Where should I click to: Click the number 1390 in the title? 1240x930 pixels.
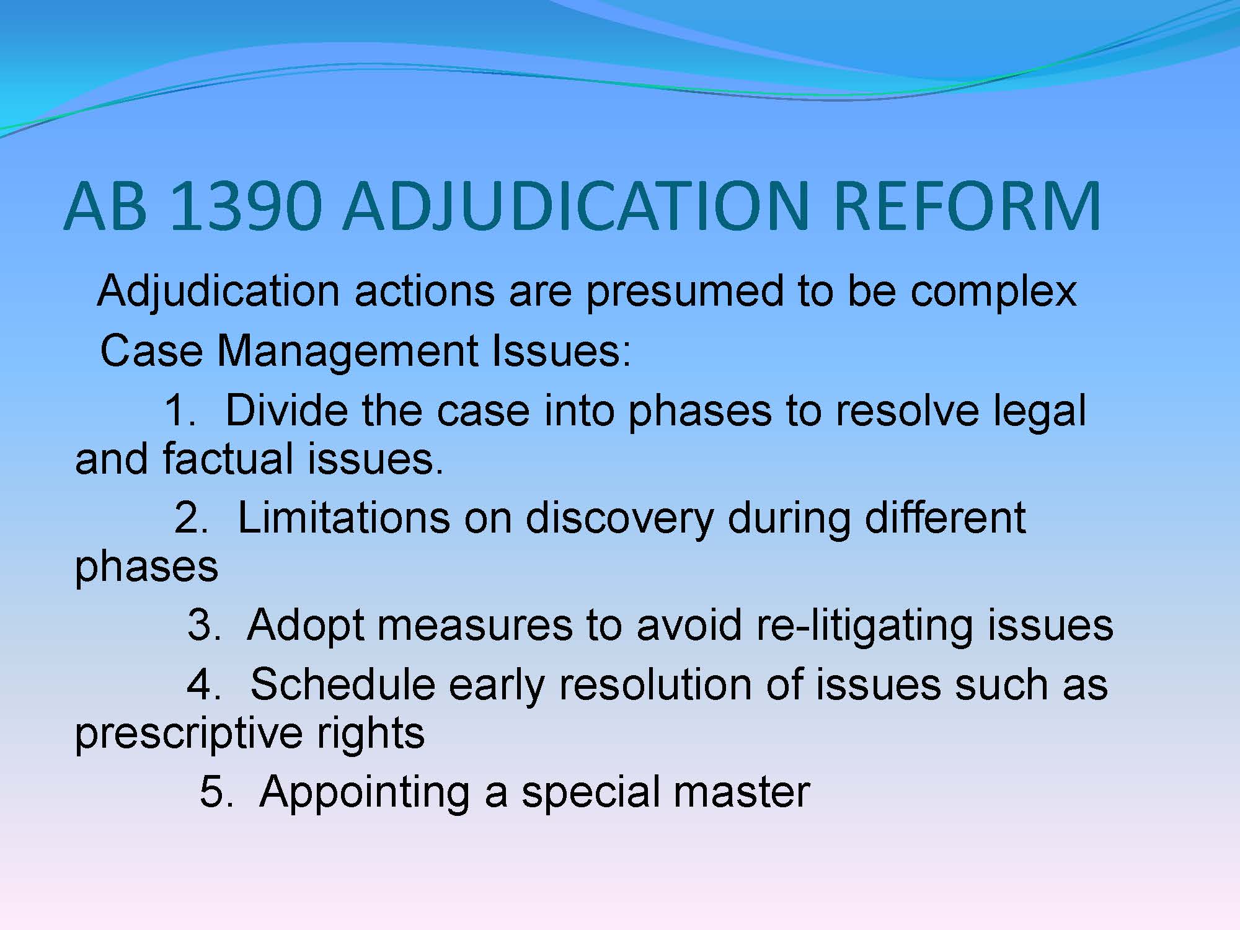[x=245, y=205]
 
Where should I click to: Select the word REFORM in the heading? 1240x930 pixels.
[x=967, y=205]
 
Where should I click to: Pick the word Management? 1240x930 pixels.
[x=347, y=352]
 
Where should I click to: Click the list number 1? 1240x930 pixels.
[x=180, y=410]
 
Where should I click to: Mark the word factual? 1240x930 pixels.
[x=228, y=459]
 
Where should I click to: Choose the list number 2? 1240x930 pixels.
[x=191, y=518]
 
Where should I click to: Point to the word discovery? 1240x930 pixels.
[x=619, y=518]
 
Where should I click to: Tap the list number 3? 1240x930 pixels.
[x=204, y=624]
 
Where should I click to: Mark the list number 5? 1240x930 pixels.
[x=216, y=792]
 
